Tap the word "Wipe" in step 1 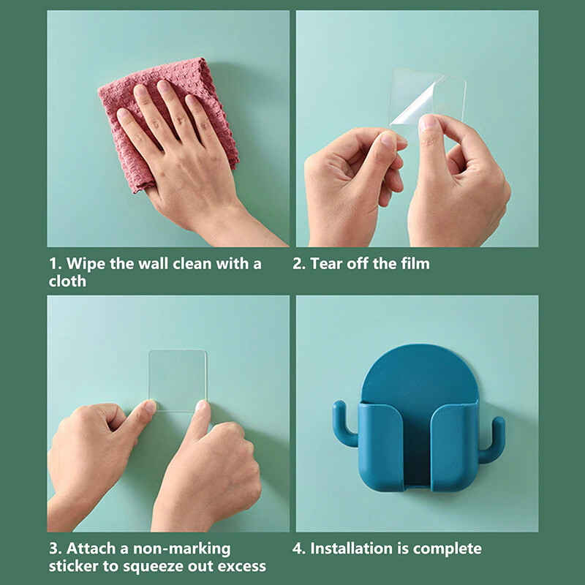click(x=86, y=264)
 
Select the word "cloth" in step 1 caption click(x=67, y=281)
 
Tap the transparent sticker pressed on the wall click(x=177, y=380)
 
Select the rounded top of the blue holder click(x=419, y=373)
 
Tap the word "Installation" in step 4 click(x=352, y=548)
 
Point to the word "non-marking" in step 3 click(x=181, y=549)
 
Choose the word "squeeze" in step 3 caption click(x=153, y=567)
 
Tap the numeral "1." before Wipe click(x=56, y=264)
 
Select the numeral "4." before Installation click(x=299, y=549)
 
